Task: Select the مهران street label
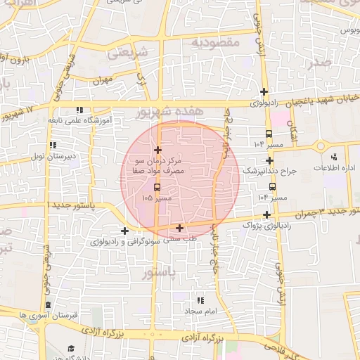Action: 102,81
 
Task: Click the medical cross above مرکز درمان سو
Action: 157,150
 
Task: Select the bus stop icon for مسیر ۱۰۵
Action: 156,187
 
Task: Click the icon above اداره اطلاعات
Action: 333,157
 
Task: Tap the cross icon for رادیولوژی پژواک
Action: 267,214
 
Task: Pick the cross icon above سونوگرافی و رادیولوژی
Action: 124,231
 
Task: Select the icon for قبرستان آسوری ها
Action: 48,304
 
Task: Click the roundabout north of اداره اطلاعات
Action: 321,146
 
